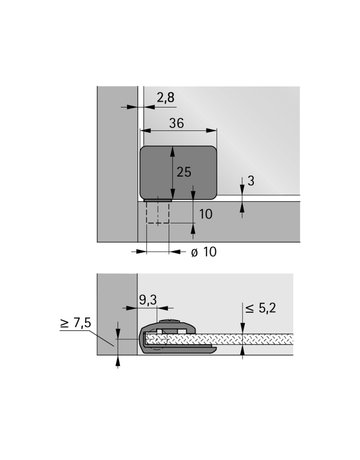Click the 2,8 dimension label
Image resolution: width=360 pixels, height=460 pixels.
point(165,98)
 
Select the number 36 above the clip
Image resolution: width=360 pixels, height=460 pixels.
point(176,123)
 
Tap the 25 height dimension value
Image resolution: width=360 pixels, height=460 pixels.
point(184,172)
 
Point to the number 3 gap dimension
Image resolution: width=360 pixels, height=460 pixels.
point(251,181)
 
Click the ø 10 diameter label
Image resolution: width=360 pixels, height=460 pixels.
point(204,252)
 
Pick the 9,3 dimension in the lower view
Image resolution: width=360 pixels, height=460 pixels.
point(148,300)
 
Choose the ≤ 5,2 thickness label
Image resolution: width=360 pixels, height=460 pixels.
point(261,308)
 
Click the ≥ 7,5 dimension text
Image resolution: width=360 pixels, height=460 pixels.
point(75,323)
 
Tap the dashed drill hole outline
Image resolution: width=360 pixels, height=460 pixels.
point(158,212)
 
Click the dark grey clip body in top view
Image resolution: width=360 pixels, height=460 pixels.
point(178,173)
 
